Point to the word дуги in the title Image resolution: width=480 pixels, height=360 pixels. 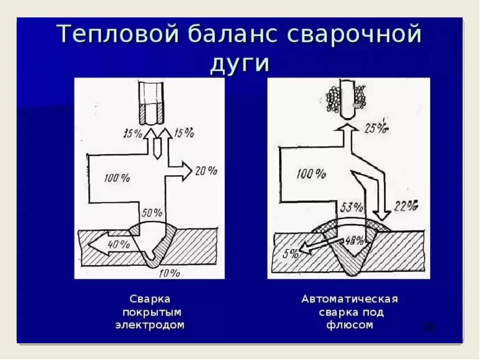pyautogui.click(x=239, y=62)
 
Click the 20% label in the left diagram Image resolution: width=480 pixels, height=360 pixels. pyautogui.click(x=206, y=171)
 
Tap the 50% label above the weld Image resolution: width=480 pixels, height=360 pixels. pyautogui.click(x=152, y=212)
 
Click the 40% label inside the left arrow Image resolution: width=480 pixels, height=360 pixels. pyautogui.click(x=118, y=244)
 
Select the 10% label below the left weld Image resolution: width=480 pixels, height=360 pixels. pyautogui.click(x=169, y=274)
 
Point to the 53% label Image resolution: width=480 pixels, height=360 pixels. pyautogui.click(x=352, y=208)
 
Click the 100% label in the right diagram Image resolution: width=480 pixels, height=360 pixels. pyautogui.click(x=311, y=174)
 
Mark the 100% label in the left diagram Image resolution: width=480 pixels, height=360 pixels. pyautogui.click(x=116, y=178)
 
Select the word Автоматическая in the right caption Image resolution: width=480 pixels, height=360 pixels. pyautogui.click(x=350, y=299)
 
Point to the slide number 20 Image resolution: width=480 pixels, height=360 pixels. pyautogui.click(x=430, y=327)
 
